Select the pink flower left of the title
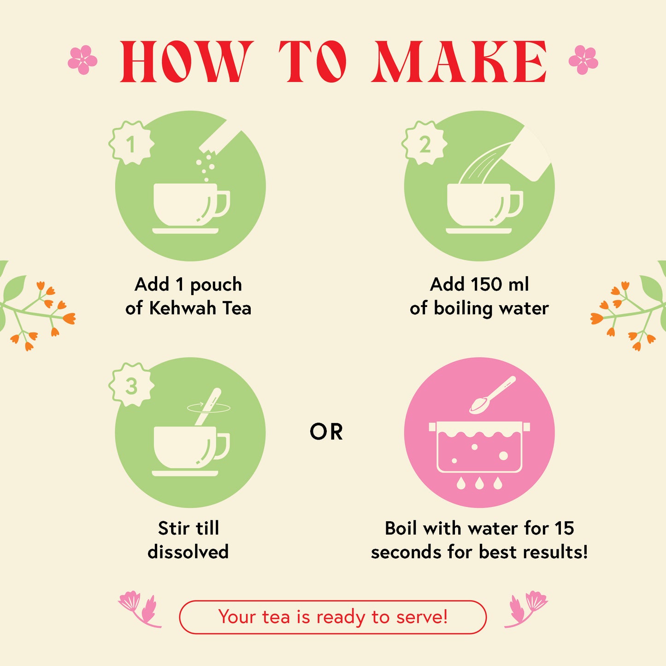click(83, 60)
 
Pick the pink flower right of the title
click(583, 60)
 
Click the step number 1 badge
click(131, 143)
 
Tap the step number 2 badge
click(424, 143)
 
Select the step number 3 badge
click(131, 385)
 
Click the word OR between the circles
click(326, 432)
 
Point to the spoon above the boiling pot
click(493, 395)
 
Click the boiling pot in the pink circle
click(479, 447)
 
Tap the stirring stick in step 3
click(208, 407)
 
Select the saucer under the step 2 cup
click(479, 230)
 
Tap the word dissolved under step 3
click(188, 552)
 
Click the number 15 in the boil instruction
click(564, 529)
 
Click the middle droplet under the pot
click(479, 483)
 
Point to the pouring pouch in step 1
click(221, 140)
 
